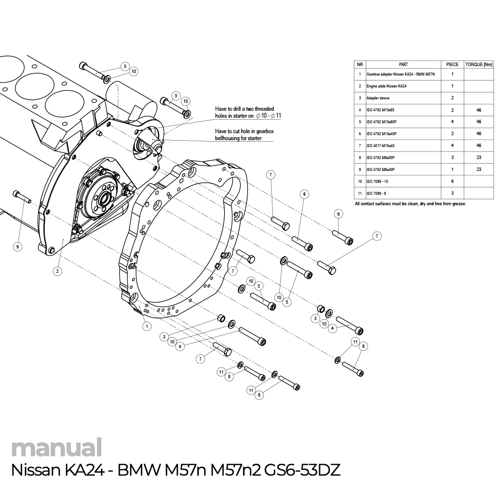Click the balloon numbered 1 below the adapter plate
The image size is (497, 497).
coord(147,327)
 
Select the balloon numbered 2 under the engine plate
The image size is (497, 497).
coord(58,271)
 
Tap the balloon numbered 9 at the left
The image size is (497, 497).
coord(18,247)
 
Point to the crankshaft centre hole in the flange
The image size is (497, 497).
coord(105,200)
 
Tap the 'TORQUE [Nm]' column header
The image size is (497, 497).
coord(478,64)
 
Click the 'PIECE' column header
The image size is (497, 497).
coord(452,64)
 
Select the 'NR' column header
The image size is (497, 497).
coord(359,64)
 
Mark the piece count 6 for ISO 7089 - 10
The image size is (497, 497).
coord(452,181)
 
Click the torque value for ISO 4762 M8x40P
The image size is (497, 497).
coord(478,169)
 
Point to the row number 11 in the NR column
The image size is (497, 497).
coord(359,193)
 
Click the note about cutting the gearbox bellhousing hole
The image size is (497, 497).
coord(245,135)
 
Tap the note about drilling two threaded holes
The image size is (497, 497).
coord(245,112)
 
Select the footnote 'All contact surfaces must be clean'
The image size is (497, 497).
coord(410,204)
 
